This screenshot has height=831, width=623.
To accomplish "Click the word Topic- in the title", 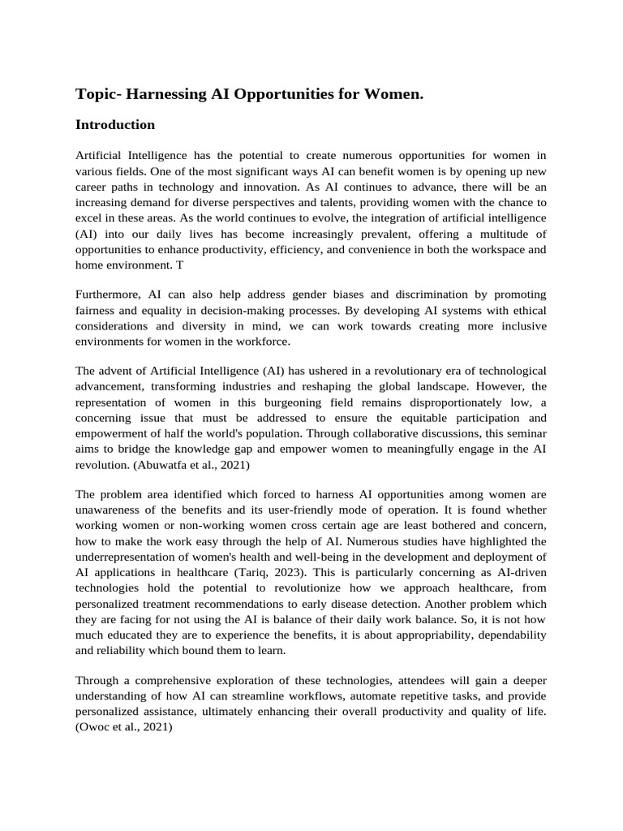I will pyautogui.click(x=99, y=95).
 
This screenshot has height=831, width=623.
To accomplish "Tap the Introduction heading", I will pyautogui.click(x=115, y=125).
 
